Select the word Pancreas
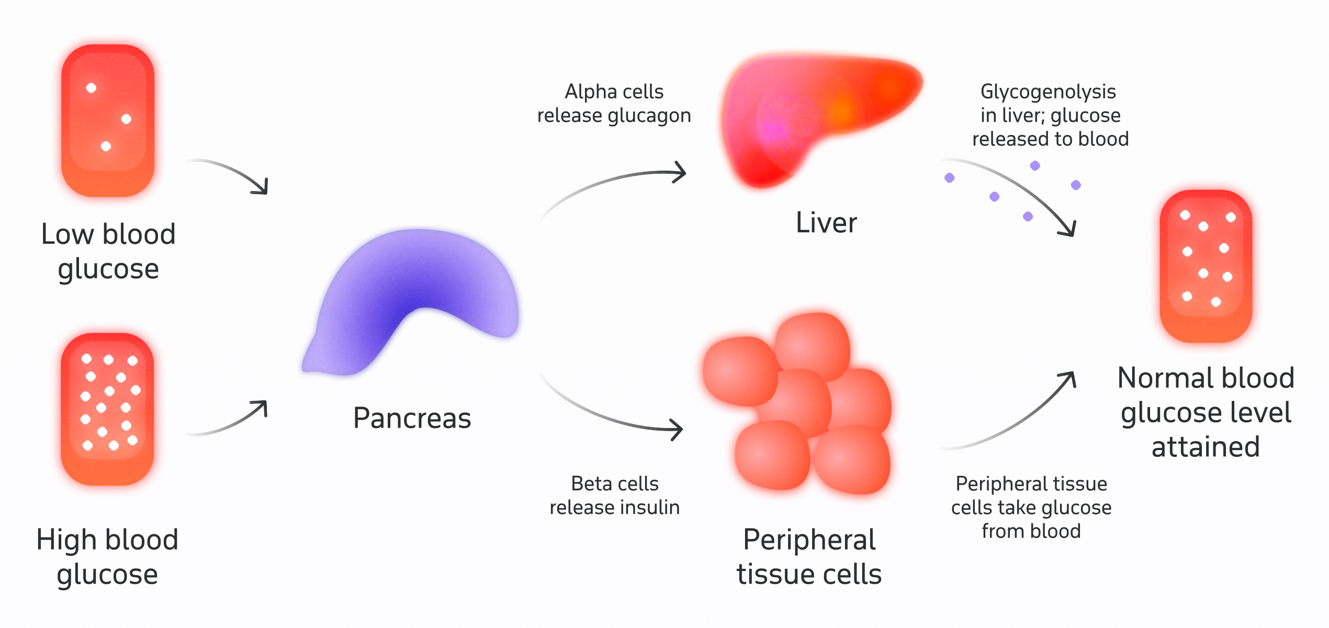(x=412, y=418)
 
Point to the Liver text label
(x=826, y=223)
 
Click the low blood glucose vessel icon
(x=108, y=120)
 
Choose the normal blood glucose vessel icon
(x=1206, y=266)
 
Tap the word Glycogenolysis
(x=1048, y=92)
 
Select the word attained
(x=1206, y=447)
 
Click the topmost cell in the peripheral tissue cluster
(x=812, y=345)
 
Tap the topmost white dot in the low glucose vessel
(x=91, y=88)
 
